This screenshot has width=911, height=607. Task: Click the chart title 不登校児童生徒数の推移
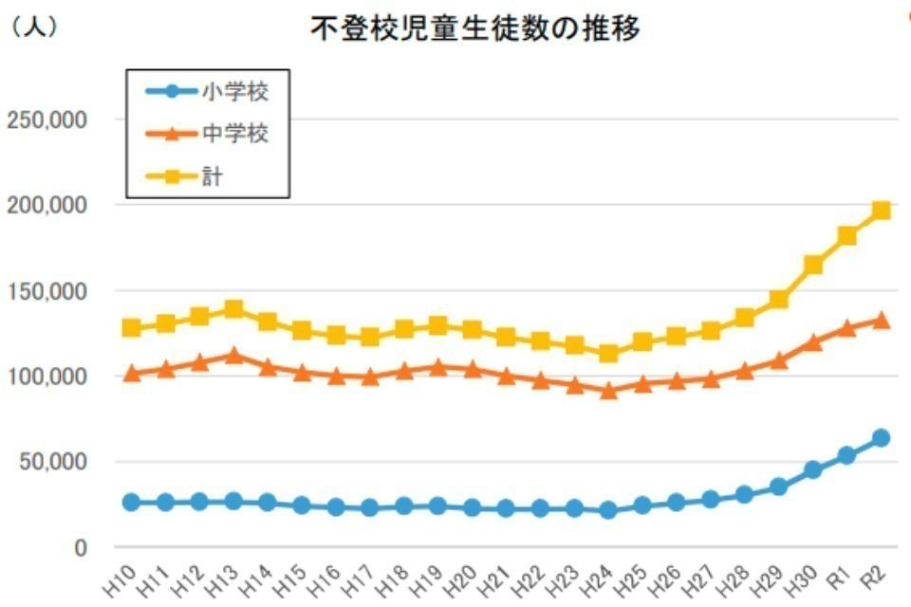[475, 29]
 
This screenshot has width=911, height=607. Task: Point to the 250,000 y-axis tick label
[46, 120]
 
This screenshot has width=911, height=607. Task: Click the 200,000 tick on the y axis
[46, 205]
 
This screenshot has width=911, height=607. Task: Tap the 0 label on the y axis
[82, 547]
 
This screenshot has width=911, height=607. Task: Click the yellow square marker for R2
[881, 211]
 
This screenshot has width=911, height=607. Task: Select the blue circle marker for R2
[881, 437]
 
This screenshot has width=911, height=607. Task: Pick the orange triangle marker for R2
[881, 321]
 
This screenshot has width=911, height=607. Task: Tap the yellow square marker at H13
[233, 309]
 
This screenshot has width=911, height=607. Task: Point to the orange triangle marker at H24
[609, 390]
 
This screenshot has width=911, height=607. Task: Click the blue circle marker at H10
[131, 502]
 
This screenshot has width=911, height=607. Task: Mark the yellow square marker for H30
[812, 265]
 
